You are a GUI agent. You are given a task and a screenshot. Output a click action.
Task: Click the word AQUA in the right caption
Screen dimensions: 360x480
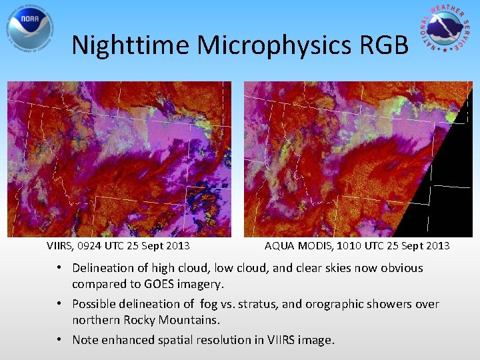point(279,245)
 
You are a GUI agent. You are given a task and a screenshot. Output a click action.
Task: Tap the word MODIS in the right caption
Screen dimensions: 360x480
point(314,245)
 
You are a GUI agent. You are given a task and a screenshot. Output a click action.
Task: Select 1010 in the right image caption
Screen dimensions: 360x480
point(351,245)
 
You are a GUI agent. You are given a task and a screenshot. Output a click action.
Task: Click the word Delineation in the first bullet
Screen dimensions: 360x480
point(104,268)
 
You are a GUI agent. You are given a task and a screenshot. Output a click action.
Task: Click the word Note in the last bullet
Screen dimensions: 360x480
point(85,340)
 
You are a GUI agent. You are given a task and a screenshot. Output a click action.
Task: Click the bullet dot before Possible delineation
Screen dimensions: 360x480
point(60,304)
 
